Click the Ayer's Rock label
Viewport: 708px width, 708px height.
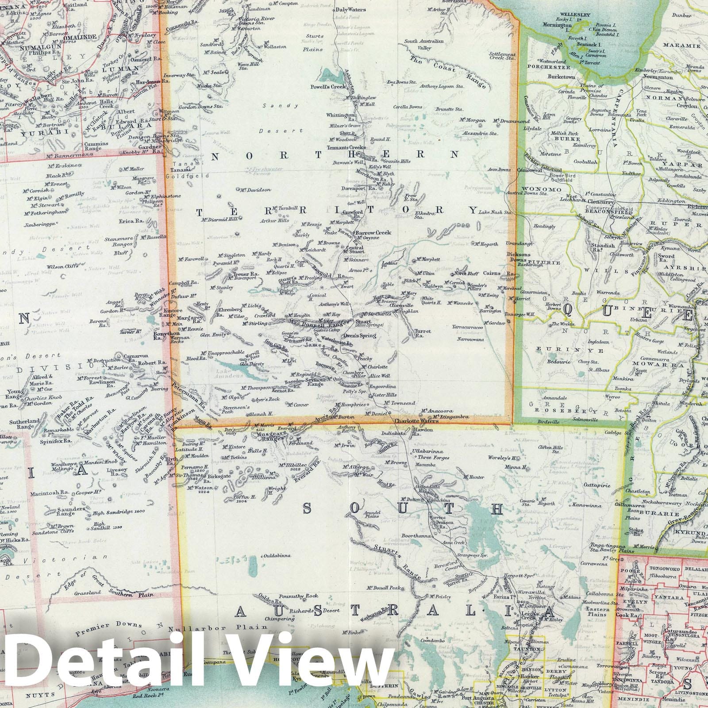coord(268,399)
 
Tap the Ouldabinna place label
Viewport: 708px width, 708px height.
coord(277,555)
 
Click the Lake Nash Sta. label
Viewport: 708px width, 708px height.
coord(495,212)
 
